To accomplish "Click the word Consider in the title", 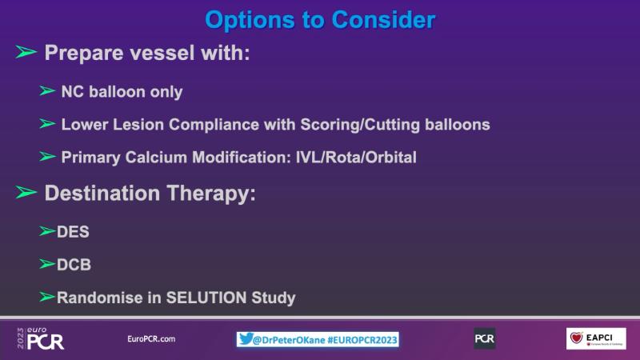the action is point(383,19).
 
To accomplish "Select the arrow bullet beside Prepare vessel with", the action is point(26,52).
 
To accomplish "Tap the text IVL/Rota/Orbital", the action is point(356,157).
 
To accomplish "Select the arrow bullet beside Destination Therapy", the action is point(26,192).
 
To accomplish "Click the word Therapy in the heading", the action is point(211,193).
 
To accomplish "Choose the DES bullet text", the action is point(73,232).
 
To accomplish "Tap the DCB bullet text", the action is point(74,265).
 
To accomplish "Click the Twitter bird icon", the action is point(246,338).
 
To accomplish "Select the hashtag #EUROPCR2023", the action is point(362,339).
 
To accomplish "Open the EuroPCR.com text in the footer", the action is point(151,338).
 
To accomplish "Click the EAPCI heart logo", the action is point(576,338).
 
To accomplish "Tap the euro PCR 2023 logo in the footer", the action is point(41,338).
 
